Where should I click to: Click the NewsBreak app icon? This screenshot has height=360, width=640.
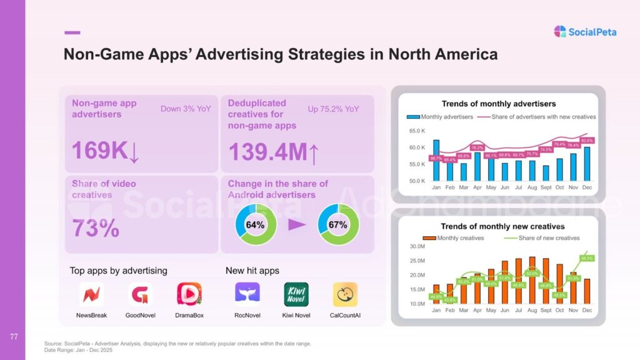(91, 294)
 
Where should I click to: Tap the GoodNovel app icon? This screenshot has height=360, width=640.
(141, 294)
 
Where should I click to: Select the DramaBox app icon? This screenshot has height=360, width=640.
(189, 294)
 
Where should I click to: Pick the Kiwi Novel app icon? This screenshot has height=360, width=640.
(296, 294)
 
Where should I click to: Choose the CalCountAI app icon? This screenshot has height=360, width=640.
(345, 294)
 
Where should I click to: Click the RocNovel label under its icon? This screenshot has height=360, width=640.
(247, 315)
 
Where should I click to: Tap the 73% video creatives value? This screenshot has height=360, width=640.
(96, 228)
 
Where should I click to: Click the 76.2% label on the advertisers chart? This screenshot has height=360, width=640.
(477, 147)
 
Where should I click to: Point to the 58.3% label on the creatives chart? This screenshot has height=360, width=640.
(587, 257)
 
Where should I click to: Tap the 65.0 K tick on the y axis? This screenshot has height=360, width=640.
(417, 131)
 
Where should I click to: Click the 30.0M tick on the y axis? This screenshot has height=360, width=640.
(417, 246)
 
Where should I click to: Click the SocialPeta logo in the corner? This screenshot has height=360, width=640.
(585, 31)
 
